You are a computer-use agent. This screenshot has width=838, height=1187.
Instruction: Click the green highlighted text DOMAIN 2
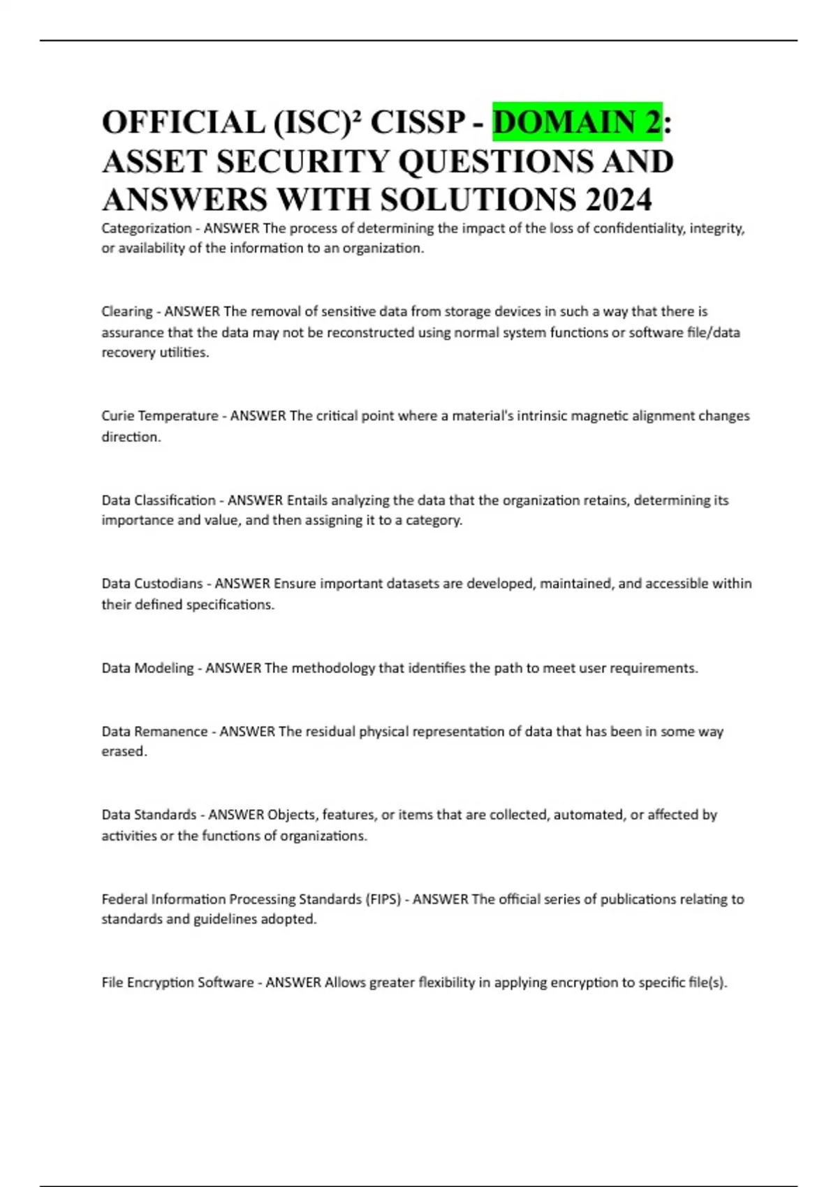pyautogui.click(x=577, y=122)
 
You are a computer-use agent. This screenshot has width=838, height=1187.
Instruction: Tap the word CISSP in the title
pyautogui.click(x=418, y=122)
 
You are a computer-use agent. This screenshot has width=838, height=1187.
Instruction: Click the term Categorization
pyautogui.click(x=147, y=228)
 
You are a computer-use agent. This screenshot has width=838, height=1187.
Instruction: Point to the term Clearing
pyautogui.click(x=127, y=311)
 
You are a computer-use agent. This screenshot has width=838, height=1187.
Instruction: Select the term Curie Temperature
pyautogui.click(x=160, y=416)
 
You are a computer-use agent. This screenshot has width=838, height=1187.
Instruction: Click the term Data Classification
pyautogui.click(x=159, y=500)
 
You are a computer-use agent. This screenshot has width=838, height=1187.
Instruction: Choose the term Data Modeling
pyautogui.click(x=147, y=668)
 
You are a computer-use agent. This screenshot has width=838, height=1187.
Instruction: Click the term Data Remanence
pyautogui.click(x=154, y=732)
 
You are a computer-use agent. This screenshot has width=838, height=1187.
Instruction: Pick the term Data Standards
pyautogui.click(x=149, y=815)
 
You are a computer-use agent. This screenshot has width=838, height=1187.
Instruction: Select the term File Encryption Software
pyautogui.click(x=177, y=982)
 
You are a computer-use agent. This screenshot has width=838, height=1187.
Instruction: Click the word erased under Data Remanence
pyautogui.click(x=124, y=752)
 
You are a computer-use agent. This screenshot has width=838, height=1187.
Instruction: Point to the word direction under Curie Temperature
pyautogui.click(x=131, y=437)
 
